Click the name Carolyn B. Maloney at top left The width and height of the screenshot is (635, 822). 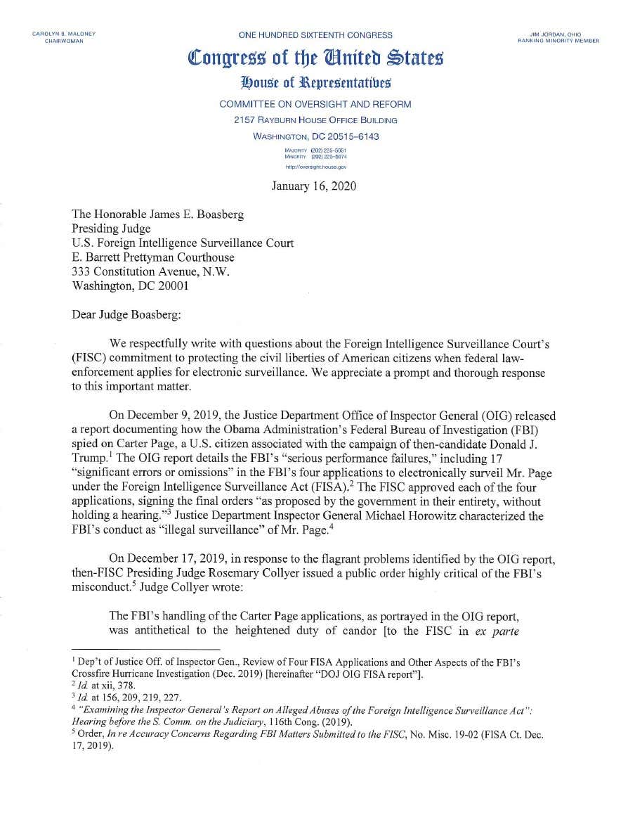64,34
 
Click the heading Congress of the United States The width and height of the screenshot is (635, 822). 315,58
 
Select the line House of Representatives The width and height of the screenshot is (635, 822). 315,84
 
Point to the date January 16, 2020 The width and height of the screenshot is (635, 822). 314,186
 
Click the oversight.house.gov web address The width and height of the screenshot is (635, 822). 315,167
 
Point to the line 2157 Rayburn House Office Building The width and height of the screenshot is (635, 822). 315,120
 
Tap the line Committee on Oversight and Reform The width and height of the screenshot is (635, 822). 315,104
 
